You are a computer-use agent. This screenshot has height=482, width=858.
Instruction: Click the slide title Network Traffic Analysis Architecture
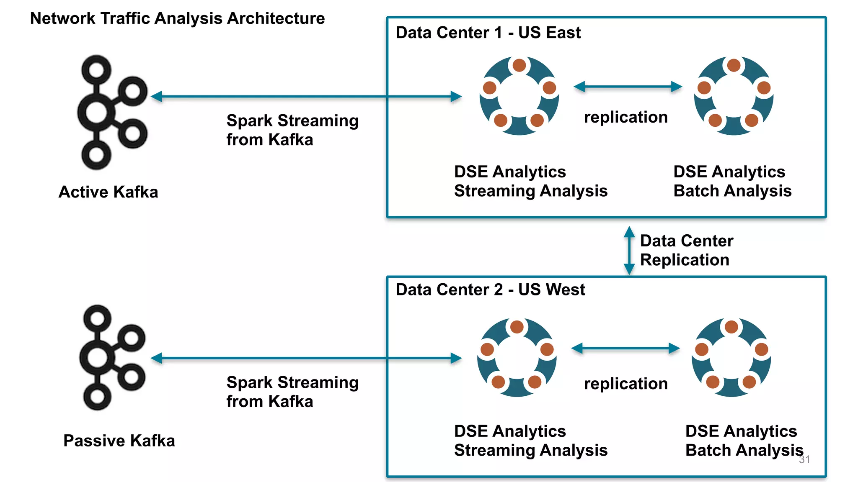coord(177,18)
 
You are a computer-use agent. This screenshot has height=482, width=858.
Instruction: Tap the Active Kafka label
coord(108,192)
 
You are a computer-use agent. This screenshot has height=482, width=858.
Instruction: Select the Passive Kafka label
coord(119,441)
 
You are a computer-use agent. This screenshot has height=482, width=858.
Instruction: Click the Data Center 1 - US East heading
coord(488,33)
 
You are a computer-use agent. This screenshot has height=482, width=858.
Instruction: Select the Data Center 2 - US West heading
coord(490,290)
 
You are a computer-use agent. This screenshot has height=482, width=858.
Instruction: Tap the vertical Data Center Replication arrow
coord(629,250)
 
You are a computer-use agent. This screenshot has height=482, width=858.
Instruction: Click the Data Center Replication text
coord(686,250)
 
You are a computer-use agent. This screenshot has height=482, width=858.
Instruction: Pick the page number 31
coord(804,459)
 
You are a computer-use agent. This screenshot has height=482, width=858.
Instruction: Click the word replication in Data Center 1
coord(625,117)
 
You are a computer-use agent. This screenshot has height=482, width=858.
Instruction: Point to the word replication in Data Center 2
coord(625,384)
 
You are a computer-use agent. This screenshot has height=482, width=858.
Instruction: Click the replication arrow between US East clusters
coord(628,87)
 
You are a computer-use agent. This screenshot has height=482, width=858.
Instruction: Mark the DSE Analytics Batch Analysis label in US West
coord(744,441)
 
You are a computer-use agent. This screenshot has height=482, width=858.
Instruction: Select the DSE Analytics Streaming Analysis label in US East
coord(530,181)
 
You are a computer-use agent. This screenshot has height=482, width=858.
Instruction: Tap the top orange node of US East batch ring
coord(734,65)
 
